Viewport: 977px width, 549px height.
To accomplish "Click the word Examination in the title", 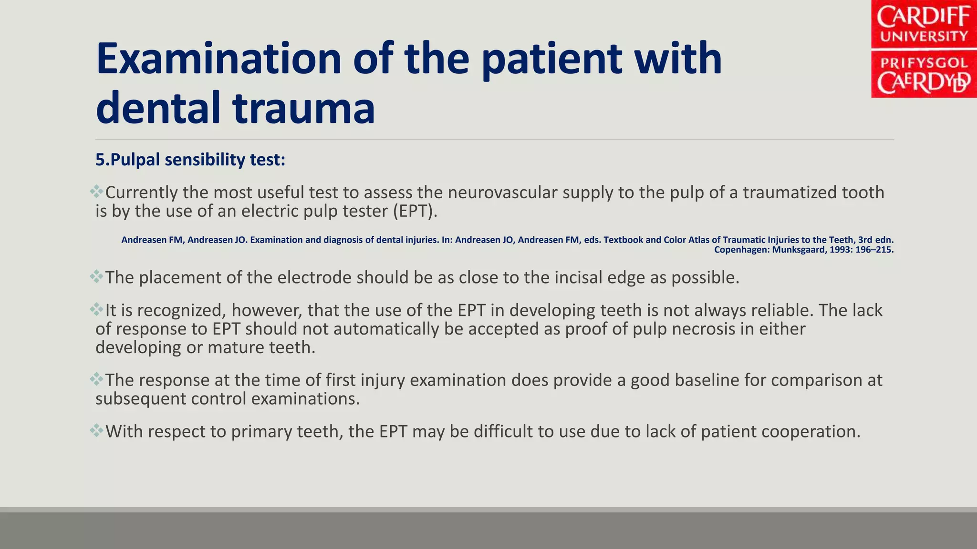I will pyautogui.click(x=218, y=59).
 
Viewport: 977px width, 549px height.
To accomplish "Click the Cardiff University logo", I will pyautogui.click(x=924, y=49).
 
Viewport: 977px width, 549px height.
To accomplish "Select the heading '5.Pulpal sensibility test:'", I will pyautogui.click(x=190, y=160).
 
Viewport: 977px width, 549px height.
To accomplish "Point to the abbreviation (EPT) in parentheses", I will pyautogui.click(x=415, y=211).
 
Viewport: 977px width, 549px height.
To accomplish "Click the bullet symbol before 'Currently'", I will pyautogui.click(x=96, y=192).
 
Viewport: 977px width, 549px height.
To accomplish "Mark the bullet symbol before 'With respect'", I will pyautogui.click(x=96, y=430).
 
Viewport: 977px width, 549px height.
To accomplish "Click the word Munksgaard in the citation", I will pyautogui.click(x=798, y=249).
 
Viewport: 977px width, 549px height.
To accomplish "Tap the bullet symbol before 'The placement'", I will pyautogui.click(x=96, y=276).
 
